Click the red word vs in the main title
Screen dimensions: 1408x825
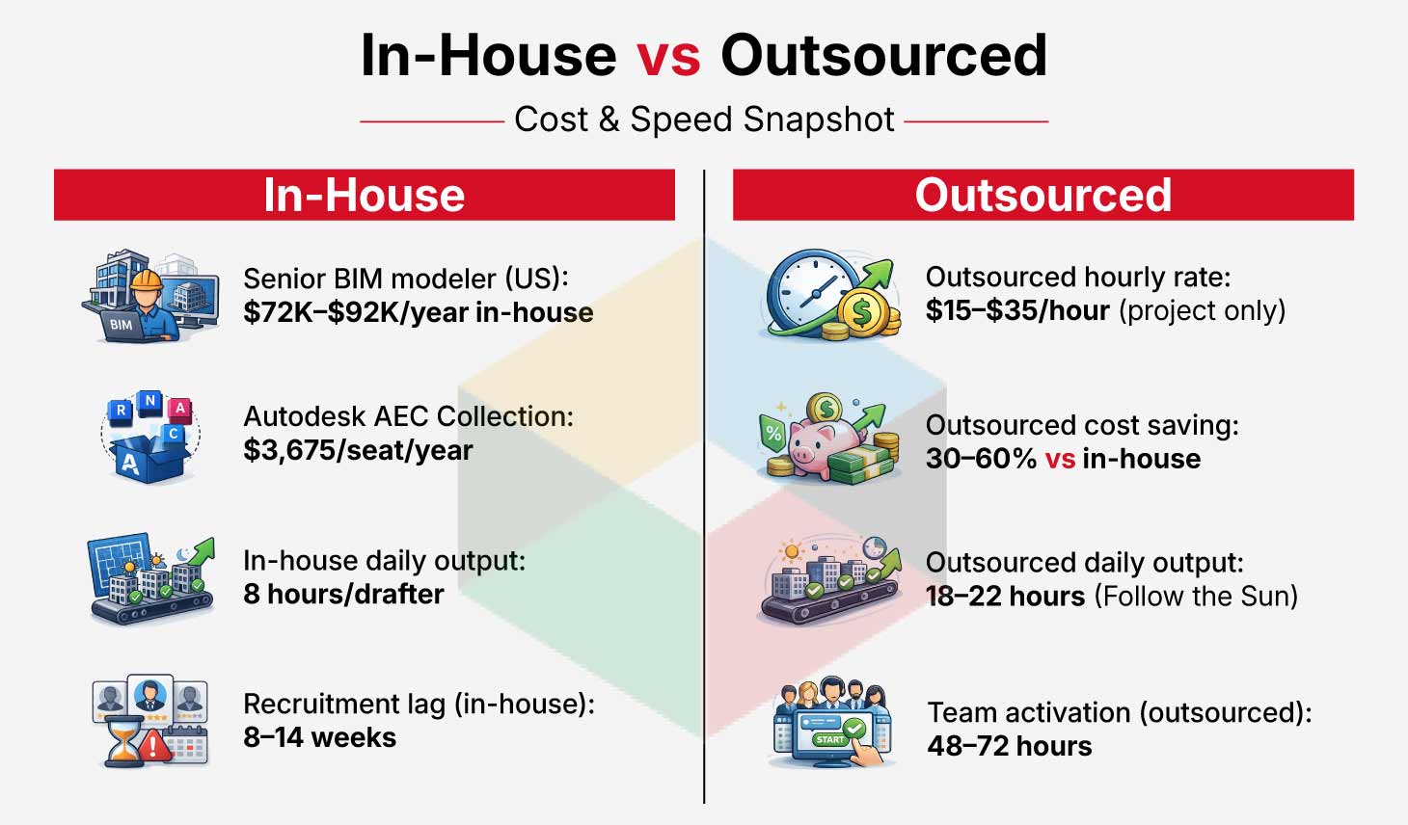point(668,57)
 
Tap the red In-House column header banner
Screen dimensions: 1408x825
point(365,195)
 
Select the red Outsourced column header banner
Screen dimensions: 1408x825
point(1043,195)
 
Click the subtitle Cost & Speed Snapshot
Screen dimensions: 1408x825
point(704,120)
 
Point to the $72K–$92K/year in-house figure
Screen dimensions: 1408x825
point(418,312)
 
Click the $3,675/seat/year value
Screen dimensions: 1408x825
point(359,450)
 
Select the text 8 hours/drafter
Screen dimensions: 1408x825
point(344,594)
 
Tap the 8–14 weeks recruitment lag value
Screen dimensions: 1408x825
point(320,737)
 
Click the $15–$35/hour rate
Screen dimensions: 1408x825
point(1017,310)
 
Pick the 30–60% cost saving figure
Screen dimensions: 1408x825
point(981,458)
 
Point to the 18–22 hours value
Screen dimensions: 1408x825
point(1006,596)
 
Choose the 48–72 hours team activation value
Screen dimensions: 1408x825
point(1010,746)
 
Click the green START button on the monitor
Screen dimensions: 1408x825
point(829,739)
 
